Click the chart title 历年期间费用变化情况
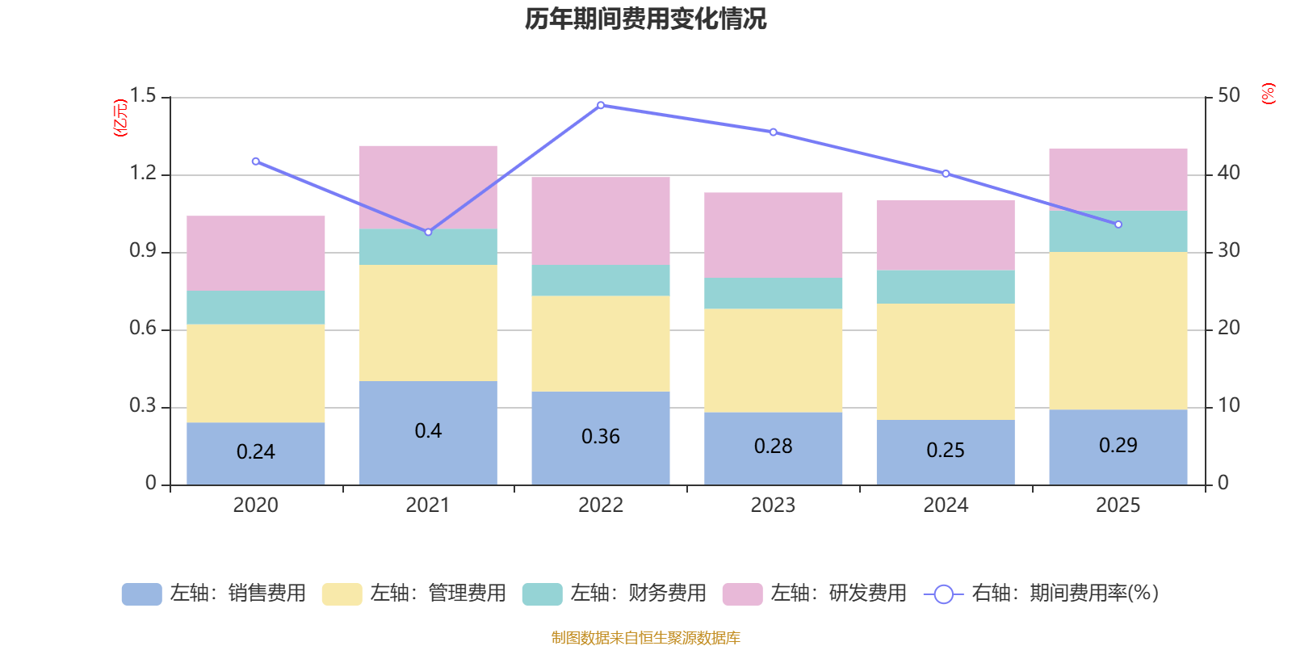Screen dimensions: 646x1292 [x=645, y=19]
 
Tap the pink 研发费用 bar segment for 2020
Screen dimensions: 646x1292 [x=256, y=253]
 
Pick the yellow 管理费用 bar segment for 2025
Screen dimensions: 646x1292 [x=1118, y=330]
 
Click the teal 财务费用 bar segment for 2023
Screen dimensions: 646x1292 [x=773, y=293]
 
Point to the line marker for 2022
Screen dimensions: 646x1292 [x=601, y=105]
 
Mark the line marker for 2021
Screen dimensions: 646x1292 [x=428, y=232]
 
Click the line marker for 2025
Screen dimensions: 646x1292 [x=1118, y=224]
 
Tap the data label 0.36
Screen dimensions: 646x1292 [x=601, y=437]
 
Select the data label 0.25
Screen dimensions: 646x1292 [x=946, y=451]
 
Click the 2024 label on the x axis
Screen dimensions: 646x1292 [x=946, y=505]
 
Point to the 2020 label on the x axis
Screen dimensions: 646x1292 [x=256, y=505]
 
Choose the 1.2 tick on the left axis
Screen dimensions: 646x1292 [x=143, y=174]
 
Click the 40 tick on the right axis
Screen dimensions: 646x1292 [x=1228, y=173]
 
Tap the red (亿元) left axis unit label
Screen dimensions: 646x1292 [x=121, y=118]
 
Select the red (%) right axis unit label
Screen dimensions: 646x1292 [x=1268, y=94]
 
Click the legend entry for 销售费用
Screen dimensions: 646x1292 [x=214, y=594]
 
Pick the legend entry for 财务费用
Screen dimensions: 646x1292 [x=615, y=594]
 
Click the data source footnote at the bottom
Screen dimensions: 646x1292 [x=645, y=638]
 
